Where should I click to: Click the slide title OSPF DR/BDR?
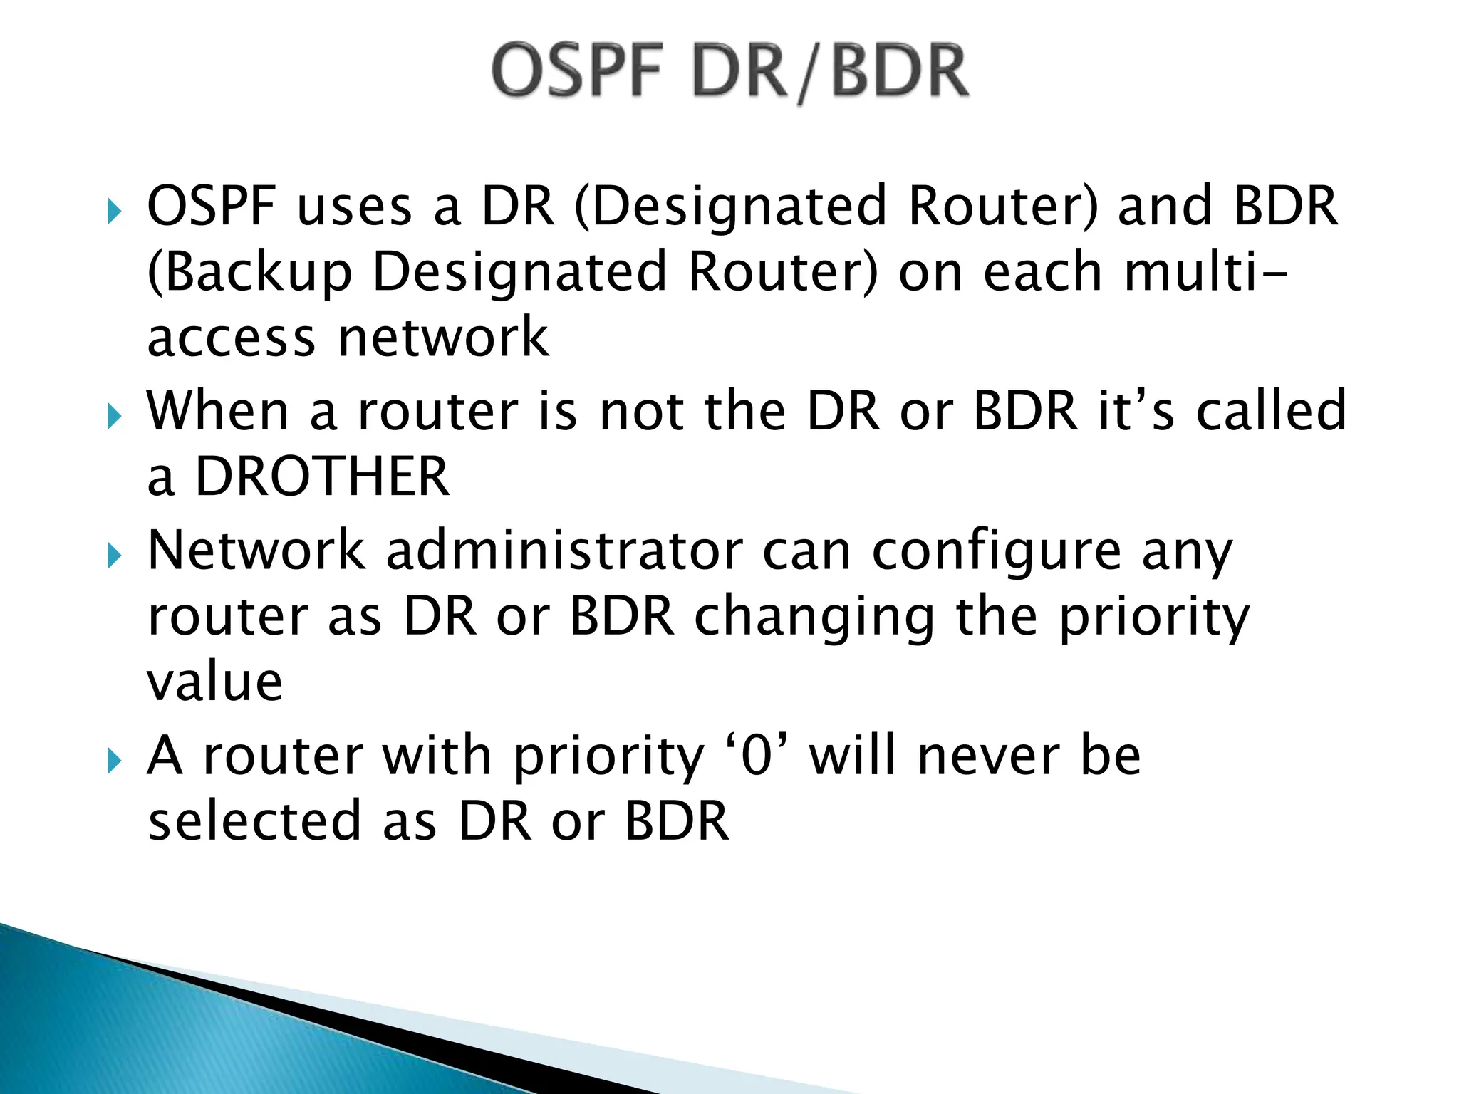(729, 71)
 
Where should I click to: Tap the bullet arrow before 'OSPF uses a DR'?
(114, 212)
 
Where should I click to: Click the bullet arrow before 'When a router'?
(114, 416)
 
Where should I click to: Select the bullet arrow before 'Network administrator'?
(114, 556)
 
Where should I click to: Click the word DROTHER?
(322, 476)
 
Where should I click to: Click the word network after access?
(443, 338)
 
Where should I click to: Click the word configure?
(997, 553)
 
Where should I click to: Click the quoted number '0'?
(757, 756)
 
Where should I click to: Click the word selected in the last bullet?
(254, 821)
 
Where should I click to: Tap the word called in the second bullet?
(1271, 412)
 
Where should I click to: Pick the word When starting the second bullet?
(217, 412)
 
